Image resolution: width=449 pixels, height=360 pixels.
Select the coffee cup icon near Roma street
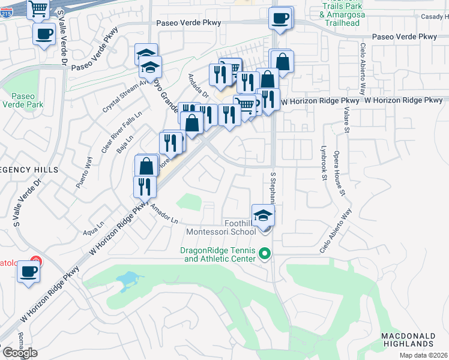point(29,272)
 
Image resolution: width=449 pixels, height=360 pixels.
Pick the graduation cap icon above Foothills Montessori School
point(262,215)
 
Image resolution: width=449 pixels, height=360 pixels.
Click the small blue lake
point(128,279)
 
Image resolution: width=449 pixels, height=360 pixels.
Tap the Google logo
point(19,353)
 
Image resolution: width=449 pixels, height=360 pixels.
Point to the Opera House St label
point(340,173)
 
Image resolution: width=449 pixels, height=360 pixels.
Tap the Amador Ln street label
point(165,214)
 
